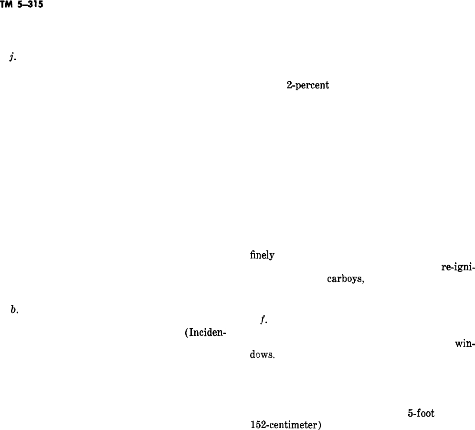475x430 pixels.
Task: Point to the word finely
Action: point(262,256)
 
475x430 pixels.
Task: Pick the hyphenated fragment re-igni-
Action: point(457,267)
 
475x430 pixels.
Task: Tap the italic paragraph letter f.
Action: point(263,321)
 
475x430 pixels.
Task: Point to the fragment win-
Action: point(465,344)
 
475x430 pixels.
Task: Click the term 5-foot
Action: point(421,413)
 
